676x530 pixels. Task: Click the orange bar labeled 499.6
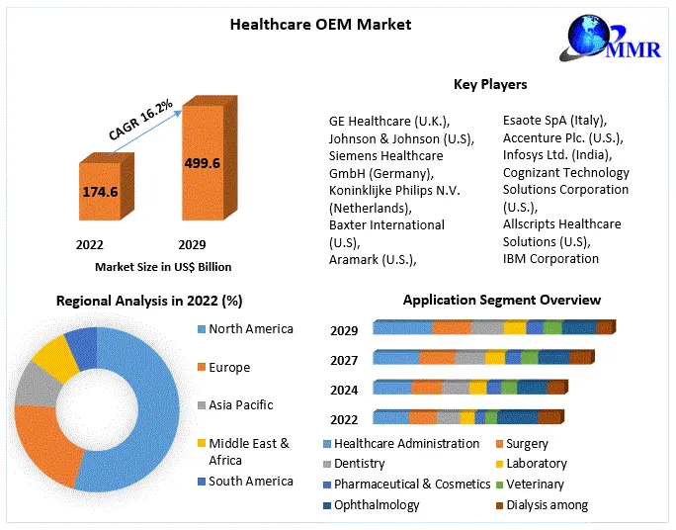pyautogui.click(x=202, y=163)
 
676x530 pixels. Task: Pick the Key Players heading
pyautogui.click(x=490, y=85)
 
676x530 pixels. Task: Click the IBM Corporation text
pyautogui.click(x=550, y=259)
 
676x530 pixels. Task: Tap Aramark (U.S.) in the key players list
pyautogui.click(x=373, y=259)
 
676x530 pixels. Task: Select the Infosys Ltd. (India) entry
pyautogui.click(x=557, y=155)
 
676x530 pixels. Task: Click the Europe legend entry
pyautogui.click(x=228, y=367)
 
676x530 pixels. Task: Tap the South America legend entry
pyautogui.click(x=250, y=481)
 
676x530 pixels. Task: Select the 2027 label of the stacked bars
pyautogui.click(x=344, y=360)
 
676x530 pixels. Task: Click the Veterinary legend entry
pyautogui.click(x=535, y=485)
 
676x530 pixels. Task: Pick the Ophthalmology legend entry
pyautogui.click(x=376, y=505)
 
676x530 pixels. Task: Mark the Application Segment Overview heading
pyautogui.click(x=501, y=301)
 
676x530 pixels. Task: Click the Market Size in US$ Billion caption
pyautogui.click(x=163, y=267)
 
